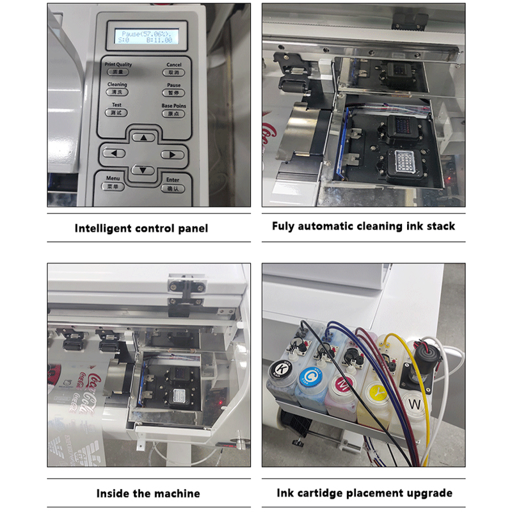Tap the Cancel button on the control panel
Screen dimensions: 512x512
click(x=173, y=72)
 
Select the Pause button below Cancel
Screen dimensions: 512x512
click(x=173, y=93)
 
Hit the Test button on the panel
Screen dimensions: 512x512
click(x=116, y=113)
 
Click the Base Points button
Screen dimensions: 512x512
click(x=173, y=113)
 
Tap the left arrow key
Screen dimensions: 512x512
click(x=114, y=154)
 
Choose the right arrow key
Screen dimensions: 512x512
click(x=172, y=154)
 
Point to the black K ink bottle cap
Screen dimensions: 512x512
click(x=280, y=369)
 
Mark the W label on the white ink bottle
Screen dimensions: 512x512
click(x=415, y=404)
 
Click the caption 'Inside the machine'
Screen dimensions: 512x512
click(x=148, y=493)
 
